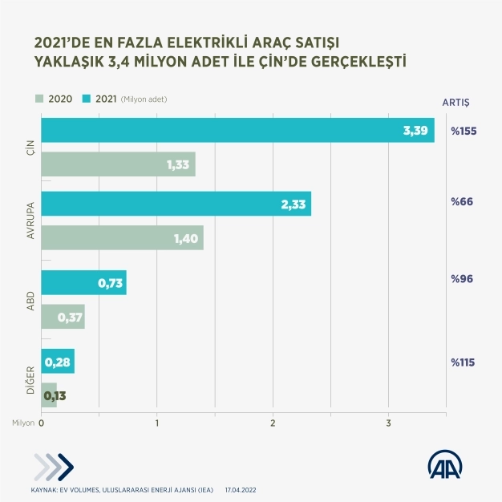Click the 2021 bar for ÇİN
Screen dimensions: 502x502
click(x=237, y=130)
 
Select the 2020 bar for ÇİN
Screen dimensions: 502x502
click(x=118, y=164)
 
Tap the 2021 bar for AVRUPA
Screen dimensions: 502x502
click(x=176, y=204)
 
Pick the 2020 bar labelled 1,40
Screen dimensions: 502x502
click(x=122, y=238)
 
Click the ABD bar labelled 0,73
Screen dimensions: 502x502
click(x=83, y=283)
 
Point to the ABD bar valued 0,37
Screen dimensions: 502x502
click(x=63, y=317)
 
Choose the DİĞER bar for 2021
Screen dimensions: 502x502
click(x=58, y=361)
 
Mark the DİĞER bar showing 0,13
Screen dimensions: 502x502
click(x=49, y=395)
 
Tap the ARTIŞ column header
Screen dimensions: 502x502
click(x=456, y=102)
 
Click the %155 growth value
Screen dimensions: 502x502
click(x=463, y=130)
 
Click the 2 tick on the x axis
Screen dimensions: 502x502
click(x=273, y=423)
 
